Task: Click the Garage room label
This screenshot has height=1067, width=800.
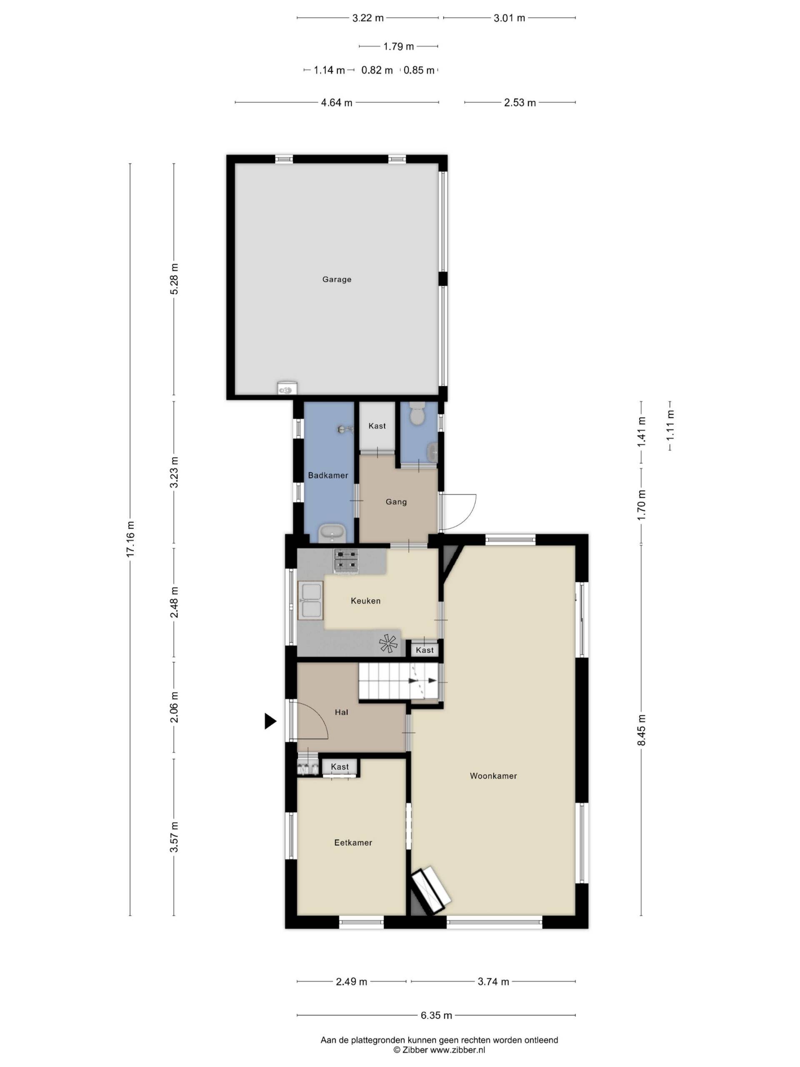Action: pos(337,279)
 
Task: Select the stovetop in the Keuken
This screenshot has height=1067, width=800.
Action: pos(347,561)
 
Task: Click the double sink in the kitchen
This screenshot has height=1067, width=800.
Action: pos(311,601)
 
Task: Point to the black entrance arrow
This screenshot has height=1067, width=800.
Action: pos(270,721)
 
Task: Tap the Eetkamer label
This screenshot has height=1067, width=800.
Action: pos(353,843)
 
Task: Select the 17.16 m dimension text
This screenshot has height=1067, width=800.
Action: pos(130,539)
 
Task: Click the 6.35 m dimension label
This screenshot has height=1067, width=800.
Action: pos(436,1015)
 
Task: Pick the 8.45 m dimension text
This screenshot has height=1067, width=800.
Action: pos(641,729)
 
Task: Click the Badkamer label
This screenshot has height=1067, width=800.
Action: pos(328,475)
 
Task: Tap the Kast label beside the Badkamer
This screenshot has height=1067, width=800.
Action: pos(377,426)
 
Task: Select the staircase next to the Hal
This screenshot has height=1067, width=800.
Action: pos(398,681)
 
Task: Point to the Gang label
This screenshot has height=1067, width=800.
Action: pos(396,502)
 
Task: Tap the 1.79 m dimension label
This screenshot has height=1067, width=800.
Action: pos(399,46)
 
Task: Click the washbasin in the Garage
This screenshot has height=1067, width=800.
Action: pos(287,387)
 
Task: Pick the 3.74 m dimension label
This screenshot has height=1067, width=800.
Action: pos(493,981)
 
